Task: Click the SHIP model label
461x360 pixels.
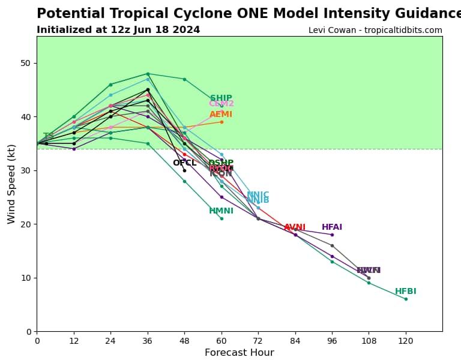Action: [x=221, y=98]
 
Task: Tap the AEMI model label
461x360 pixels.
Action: [x=221, y=115]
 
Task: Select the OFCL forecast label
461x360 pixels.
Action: [x=184, y=163]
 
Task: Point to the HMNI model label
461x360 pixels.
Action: [x=221, y=211]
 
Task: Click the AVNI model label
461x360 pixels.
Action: [x=295, y=227]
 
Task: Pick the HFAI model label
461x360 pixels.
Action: [x=332, y=227]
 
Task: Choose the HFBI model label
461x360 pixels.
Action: [x=406, y=292]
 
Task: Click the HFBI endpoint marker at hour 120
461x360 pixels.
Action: [x=406, y=299]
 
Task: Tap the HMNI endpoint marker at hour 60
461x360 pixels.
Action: [x=221, y=218]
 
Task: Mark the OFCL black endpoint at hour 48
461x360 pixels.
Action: [x=184, y=170]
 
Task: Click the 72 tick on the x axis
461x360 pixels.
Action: [x=258, y=340]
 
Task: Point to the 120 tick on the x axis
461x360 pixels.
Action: [x=406, y=340]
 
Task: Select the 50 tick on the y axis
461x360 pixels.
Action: [x=26, y=63]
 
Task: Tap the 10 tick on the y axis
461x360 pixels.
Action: [x=26, y=278]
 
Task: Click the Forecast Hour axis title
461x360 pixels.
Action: [x=239, y=352]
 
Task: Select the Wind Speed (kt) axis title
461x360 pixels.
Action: [x=11, y=184]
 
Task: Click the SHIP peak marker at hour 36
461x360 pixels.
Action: [x=148, y=74]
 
